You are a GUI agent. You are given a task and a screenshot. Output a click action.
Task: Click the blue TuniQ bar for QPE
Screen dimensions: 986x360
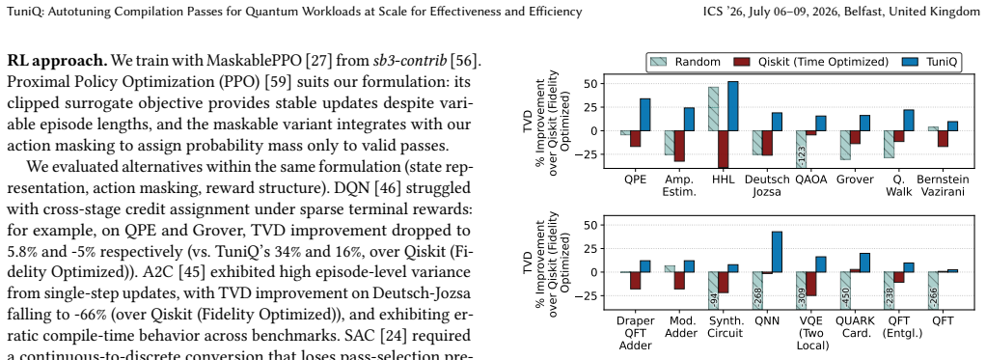click(645, 115)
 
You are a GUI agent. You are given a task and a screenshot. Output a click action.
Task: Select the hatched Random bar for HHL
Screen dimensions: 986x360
click(713, 109)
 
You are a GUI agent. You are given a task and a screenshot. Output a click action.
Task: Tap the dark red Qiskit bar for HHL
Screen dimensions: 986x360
click(724, 150)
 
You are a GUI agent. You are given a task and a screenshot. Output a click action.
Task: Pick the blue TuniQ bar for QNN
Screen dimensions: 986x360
click(777, 252)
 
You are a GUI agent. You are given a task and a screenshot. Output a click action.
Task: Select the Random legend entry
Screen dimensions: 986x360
click(684, 62)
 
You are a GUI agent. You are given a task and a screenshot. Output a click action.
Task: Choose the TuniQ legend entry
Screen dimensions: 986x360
click(930, 62)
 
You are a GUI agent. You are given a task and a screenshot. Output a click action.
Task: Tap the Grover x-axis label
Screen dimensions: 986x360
click(855, 180)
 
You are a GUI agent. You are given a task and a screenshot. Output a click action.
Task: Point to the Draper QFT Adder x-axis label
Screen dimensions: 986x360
click(636, 332)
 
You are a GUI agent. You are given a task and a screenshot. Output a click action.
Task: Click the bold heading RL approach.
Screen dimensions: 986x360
click(58, 62)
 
